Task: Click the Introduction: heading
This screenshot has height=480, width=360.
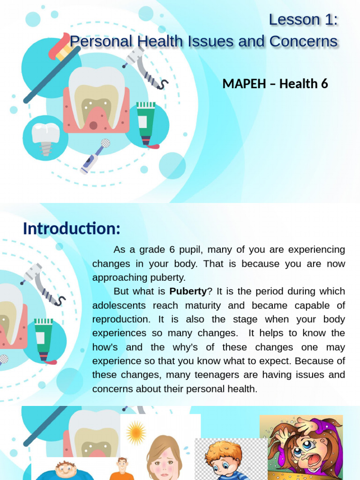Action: click(x=71, y=229)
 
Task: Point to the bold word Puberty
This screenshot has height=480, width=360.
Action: click(x=187, y=291)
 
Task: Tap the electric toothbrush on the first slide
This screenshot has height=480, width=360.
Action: click(x=94, y=157)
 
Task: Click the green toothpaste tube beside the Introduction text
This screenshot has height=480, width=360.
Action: click(x=43, y=338)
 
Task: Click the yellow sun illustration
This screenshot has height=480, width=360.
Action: click(x=136, y=432)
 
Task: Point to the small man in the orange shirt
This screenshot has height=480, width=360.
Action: click(x=122, y=469)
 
